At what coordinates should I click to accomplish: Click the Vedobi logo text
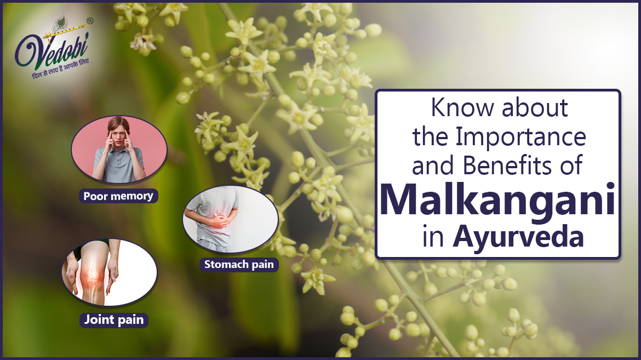(x=52, y=53)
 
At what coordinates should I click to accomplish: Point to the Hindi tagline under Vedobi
(x=59, y=75)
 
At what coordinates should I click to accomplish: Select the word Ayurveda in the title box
(x=518, y=239)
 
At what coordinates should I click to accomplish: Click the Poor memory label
(x=118, y=196)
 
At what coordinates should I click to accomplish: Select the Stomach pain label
(x=238, y=265)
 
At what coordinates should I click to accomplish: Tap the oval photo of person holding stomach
(x=230, y=219)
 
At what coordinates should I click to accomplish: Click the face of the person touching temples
(x=118, y=136)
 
